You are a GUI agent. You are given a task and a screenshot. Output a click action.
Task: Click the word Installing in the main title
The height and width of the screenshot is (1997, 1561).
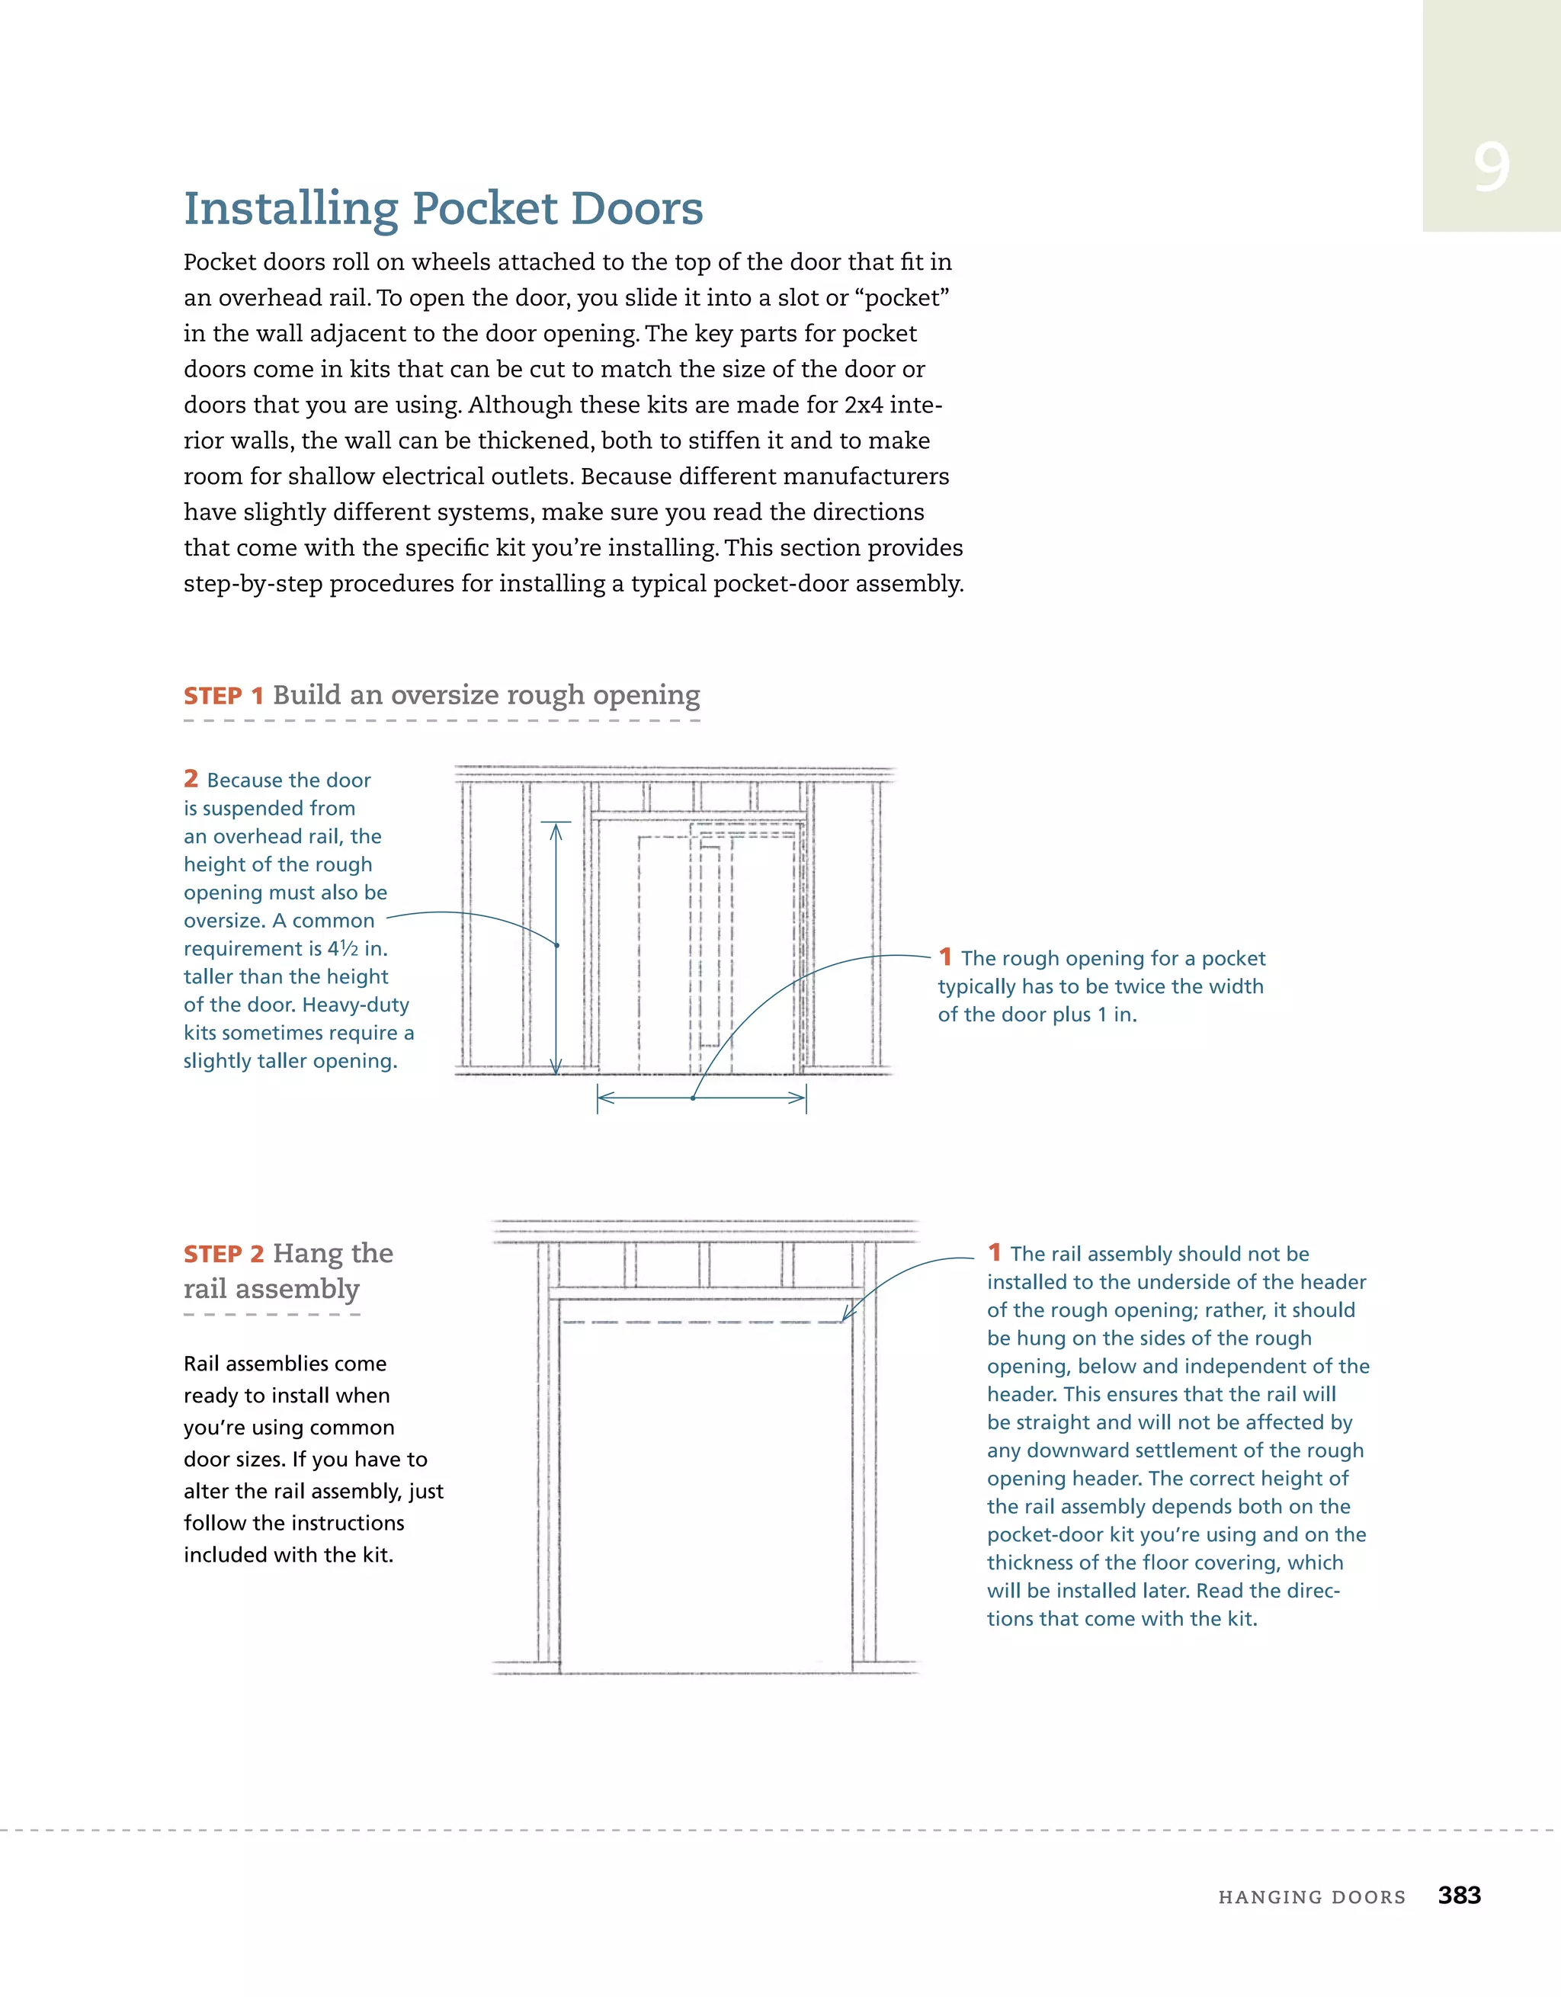click(291, 210)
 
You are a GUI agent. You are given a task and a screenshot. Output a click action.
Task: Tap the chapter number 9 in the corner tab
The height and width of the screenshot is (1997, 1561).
click(1491, 168)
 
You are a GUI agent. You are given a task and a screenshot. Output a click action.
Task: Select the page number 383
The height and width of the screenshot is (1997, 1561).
click(1459, 1895)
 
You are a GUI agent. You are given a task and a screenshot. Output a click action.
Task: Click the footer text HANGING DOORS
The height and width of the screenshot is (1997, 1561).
click(1311, 1897)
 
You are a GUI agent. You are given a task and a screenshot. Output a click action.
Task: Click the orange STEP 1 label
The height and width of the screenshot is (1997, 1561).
click(223, 697)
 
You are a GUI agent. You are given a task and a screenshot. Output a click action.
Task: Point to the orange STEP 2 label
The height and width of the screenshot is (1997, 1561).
click(223, 1255)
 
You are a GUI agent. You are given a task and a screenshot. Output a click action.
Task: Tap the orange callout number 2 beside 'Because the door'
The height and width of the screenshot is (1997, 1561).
click(191, 779)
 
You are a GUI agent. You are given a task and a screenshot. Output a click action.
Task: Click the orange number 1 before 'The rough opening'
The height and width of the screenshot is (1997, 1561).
click(946, 957)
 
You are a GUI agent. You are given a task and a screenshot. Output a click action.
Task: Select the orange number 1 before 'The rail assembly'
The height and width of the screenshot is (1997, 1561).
click(994, 1252)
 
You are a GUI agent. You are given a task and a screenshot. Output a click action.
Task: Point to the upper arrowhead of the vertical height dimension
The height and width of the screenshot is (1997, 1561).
click(555, 829)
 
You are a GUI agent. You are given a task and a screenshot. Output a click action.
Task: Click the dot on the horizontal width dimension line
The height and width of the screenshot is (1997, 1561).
click(693, 1098)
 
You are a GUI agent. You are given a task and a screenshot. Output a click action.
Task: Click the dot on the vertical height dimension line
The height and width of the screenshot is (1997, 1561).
click(557, 944)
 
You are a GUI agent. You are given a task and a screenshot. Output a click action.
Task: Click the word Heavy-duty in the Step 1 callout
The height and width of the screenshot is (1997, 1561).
click(356, 1004)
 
